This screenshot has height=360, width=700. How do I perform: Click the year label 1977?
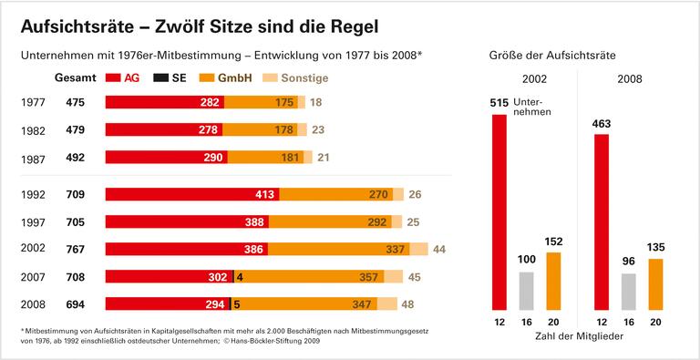pyautogui.click(x=33, y=103)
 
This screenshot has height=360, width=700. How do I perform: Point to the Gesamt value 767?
pyautogui.click(x=76, y=249)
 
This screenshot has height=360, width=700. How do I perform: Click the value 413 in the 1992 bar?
pyautogui.click(x=263, y=194)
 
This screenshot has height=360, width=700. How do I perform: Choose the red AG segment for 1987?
pyautogui.click(x=164, y=158)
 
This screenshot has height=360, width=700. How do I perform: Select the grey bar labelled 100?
pyautogui.click(x=526, y=291)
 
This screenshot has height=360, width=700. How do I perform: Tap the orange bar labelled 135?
pyautogui.click(x=655, y=284)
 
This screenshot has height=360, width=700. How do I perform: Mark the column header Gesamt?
pyautogui.click(x=76, y=78)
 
